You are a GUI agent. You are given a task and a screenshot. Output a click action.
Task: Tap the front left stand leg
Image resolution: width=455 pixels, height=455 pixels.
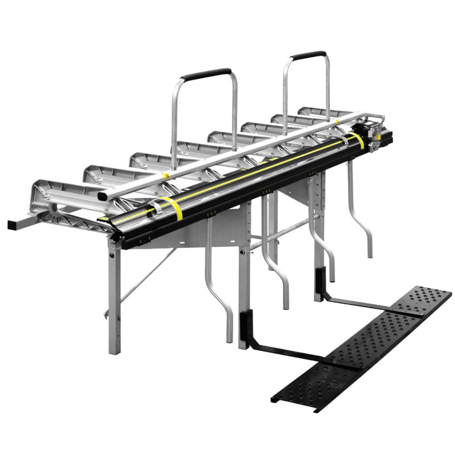tap(113, 300)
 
